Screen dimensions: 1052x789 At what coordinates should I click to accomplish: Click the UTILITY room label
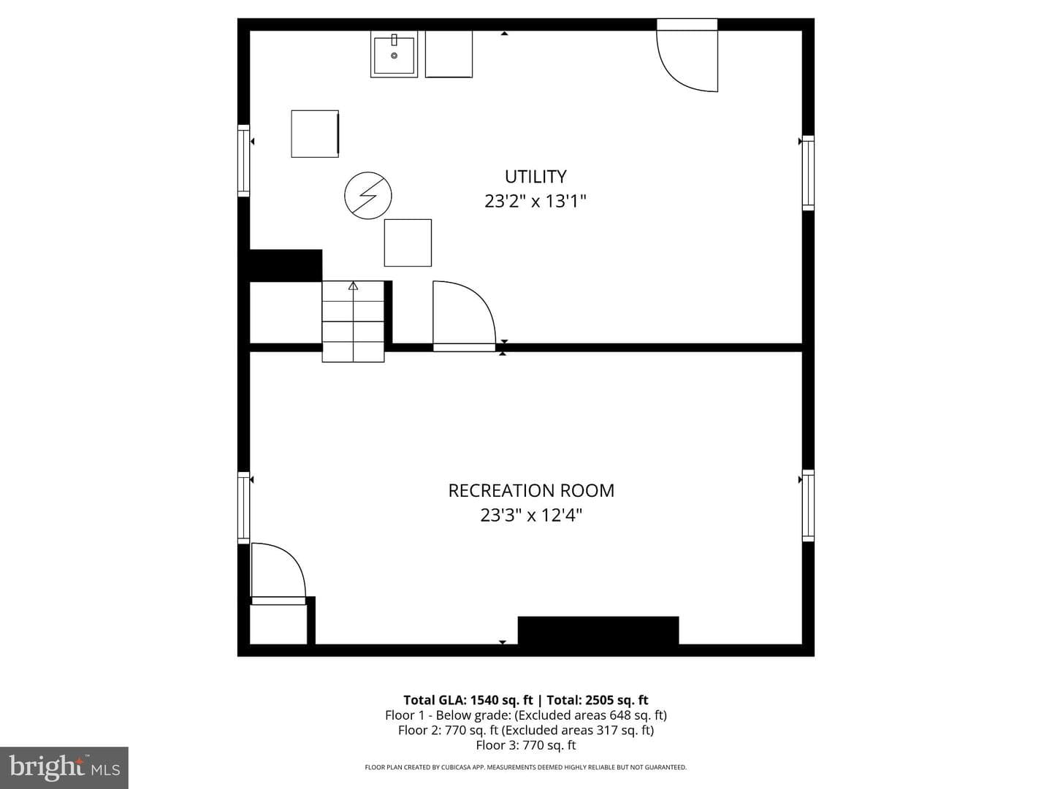[535, 177]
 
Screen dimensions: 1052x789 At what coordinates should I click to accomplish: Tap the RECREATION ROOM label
[531, 490]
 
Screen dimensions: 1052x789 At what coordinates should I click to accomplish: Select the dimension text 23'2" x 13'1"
[535, 201]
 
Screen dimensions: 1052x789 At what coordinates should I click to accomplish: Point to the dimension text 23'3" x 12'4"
[531, 516]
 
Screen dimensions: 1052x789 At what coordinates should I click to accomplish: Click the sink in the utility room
[394, 54]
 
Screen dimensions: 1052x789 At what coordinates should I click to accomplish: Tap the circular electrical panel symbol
[368, 196]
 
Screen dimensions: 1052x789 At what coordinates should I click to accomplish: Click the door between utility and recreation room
[464, 316]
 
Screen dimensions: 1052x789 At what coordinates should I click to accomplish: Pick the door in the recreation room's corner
[278, 573]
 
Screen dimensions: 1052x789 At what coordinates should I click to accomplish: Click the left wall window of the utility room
[243, 161]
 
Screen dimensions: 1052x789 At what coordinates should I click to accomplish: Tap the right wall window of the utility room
[808, 173]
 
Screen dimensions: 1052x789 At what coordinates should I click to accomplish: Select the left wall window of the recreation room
[243, 507]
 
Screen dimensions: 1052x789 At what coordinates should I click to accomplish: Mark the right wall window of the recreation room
[808, 506]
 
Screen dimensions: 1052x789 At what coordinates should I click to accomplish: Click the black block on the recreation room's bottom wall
[598, 630]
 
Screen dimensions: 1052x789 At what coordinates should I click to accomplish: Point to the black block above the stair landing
[286, 265]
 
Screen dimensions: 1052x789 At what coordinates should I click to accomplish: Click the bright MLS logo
[64, 767]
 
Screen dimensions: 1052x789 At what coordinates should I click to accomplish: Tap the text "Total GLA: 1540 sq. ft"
[468, 701]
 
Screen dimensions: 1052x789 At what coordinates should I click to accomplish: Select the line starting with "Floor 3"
[526, 745]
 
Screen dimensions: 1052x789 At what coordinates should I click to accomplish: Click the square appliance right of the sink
[449, 54]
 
